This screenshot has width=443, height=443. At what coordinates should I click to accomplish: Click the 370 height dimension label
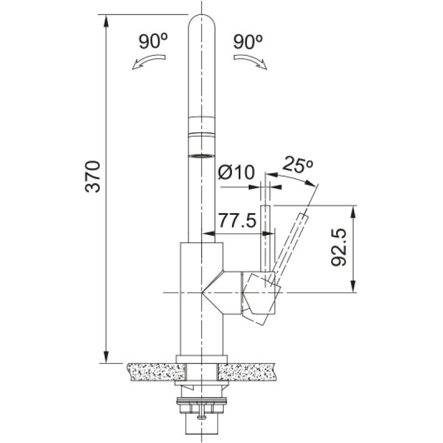coord(92,177)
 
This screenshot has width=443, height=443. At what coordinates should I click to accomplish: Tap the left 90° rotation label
coord(153,41)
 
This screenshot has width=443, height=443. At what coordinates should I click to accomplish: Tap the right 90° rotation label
coord(248,41)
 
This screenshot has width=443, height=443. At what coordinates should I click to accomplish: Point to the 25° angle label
coord(297,164)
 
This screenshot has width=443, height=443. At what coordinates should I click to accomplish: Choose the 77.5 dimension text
coord(238,220)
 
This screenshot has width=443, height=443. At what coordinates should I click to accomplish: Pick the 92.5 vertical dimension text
coord(338,247)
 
